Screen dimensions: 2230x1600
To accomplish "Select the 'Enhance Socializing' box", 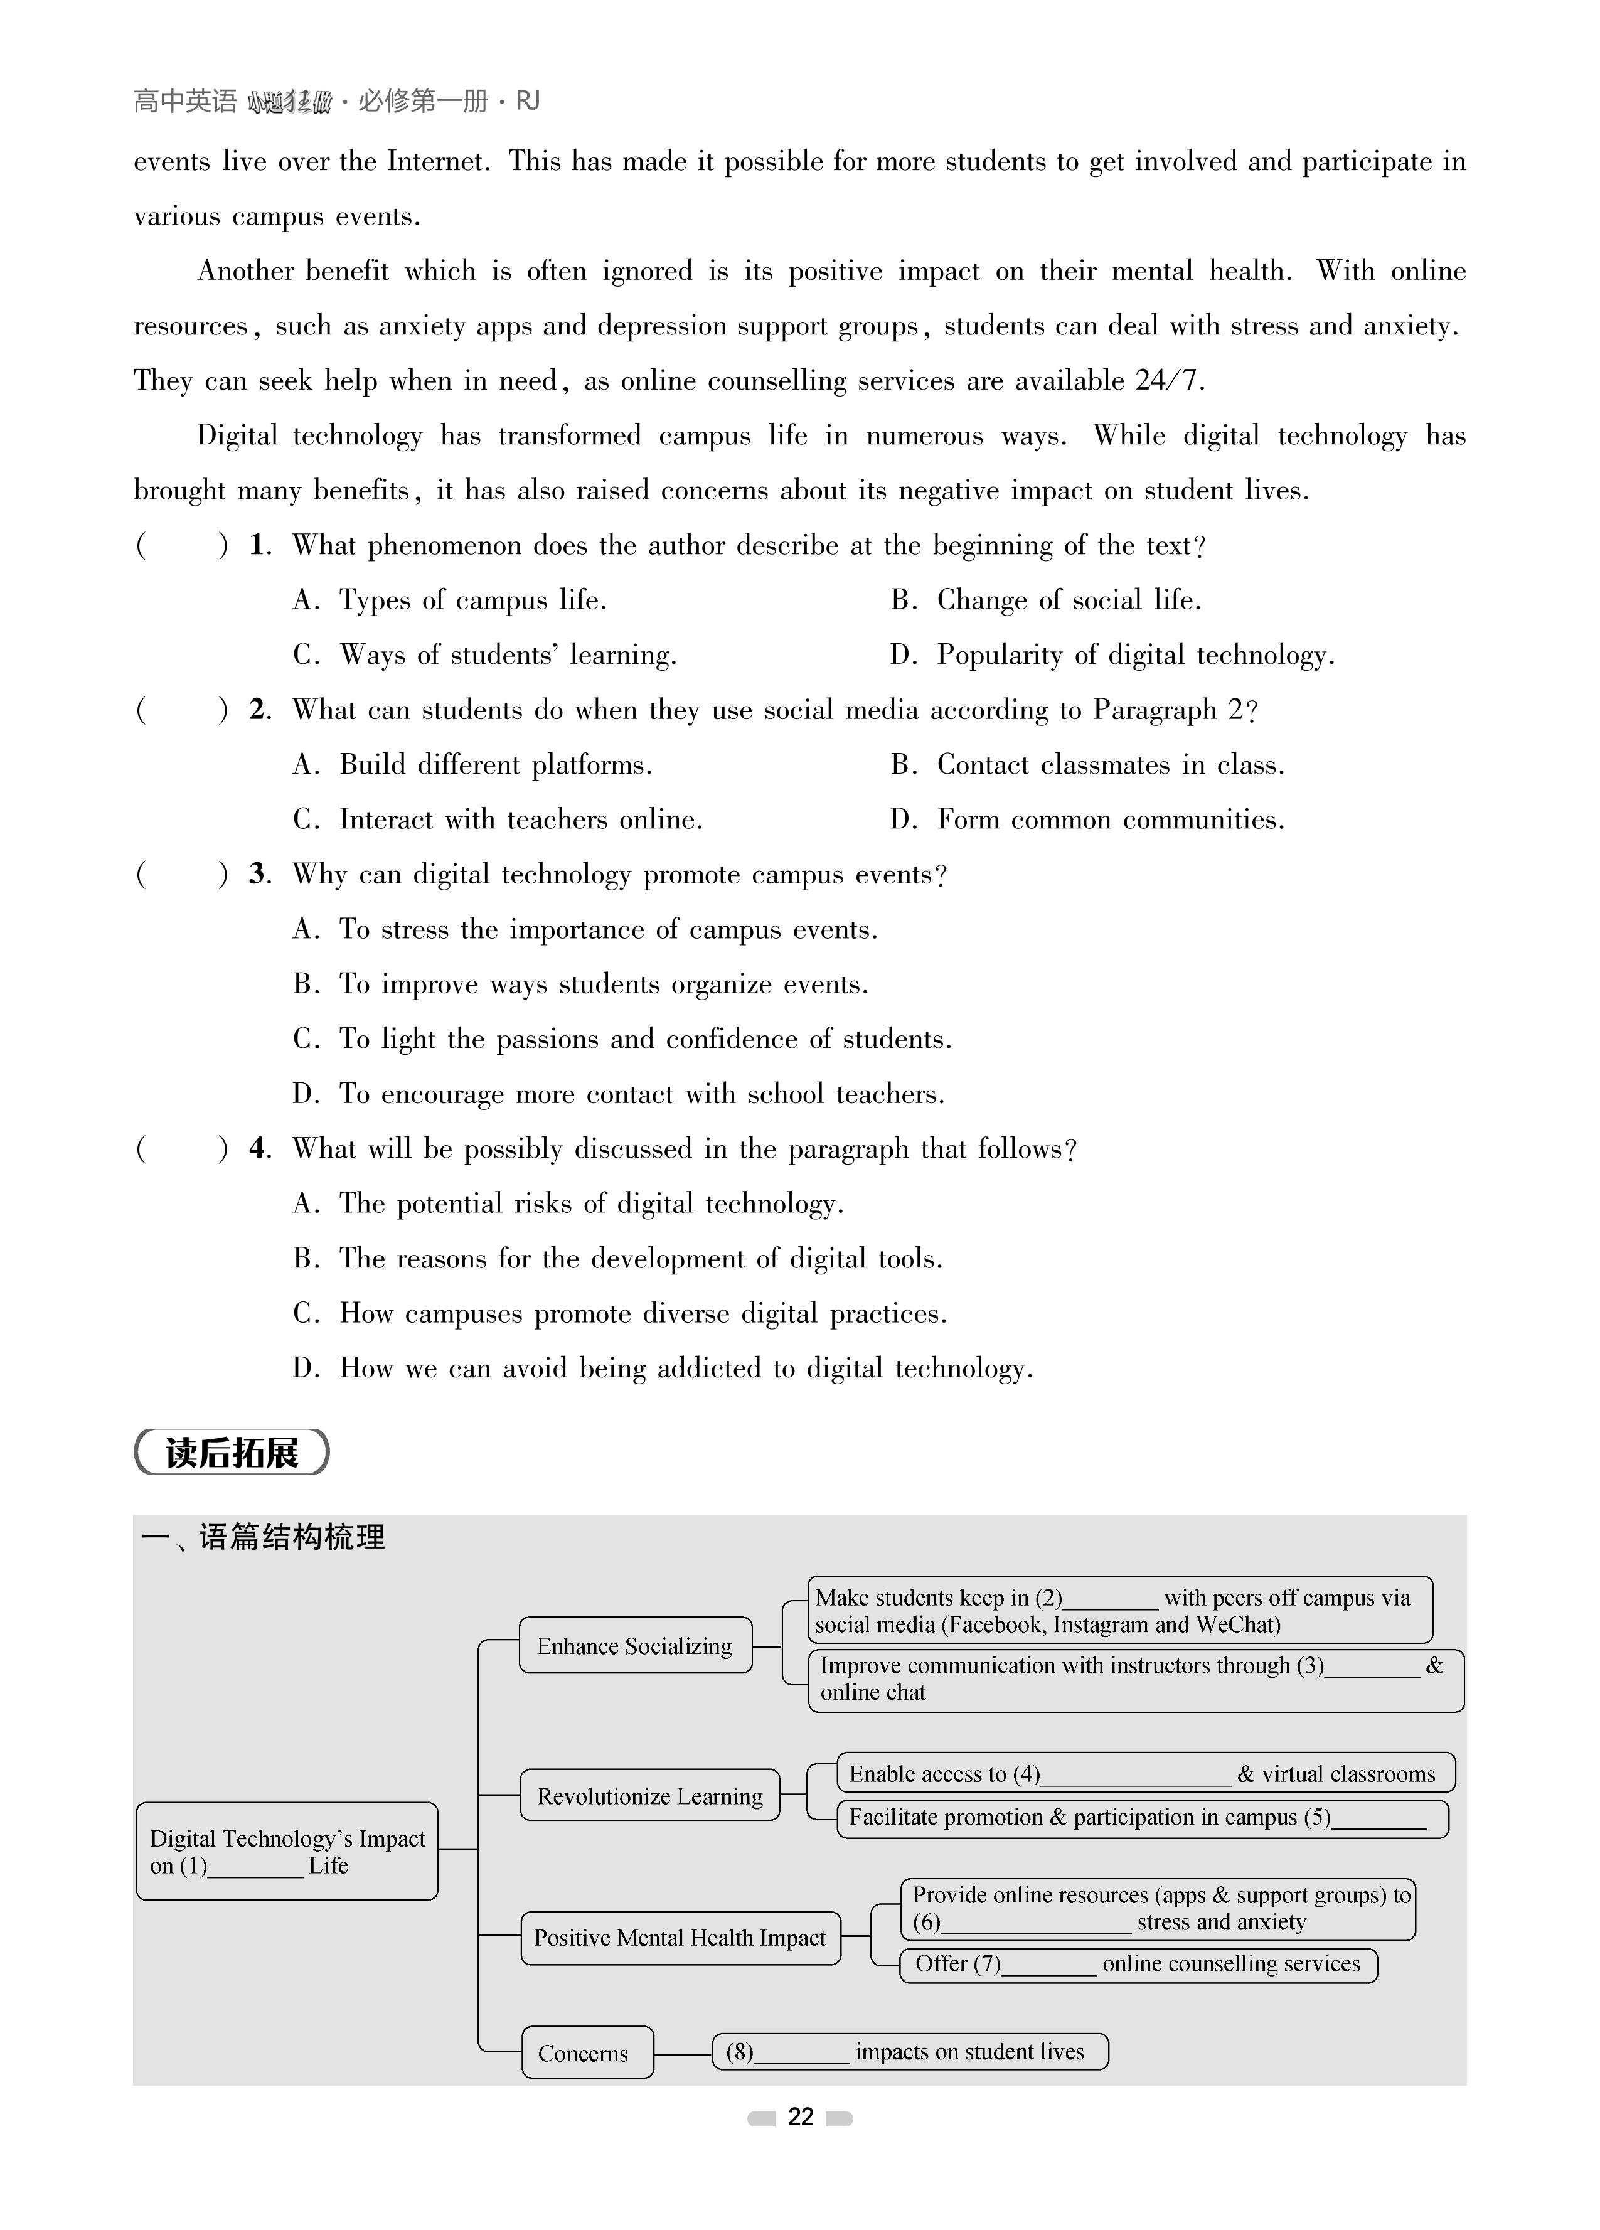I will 635,1645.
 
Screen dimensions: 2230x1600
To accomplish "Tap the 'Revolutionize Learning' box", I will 649,1795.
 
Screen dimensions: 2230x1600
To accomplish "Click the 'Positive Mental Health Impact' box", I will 680,1937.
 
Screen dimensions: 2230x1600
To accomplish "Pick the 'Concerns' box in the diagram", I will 587,2052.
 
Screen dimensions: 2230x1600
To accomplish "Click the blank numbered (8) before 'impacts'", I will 801,2052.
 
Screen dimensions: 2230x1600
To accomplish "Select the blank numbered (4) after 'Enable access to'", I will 1136,1774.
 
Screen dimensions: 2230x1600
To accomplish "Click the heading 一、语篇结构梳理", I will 264,1537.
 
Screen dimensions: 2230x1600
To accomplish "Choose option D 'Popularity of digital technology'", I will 1113,655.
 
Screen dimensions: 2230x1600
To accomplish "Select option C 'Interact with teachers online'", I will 499,819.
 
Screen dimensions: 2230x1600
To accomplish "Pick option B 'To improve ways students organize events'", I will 581,984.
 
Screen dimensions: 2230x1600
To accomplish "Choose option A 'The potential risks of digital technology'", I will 568,1203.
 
